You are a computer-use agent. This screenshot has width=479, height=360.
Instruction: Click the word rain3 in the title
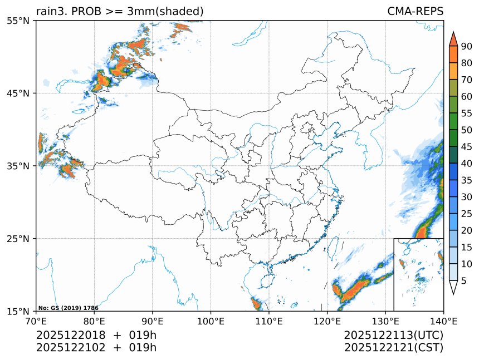tap(48, 11)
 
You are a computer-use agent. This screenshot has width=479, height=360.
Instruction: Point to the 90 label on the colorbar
tap(466, 46)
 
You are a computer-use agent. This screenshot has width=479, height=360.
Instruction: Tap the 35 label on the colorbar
tap(466, 180)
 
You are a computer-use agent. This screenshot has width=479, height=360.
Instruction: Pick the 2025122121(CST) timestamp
tap(393, 348)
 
